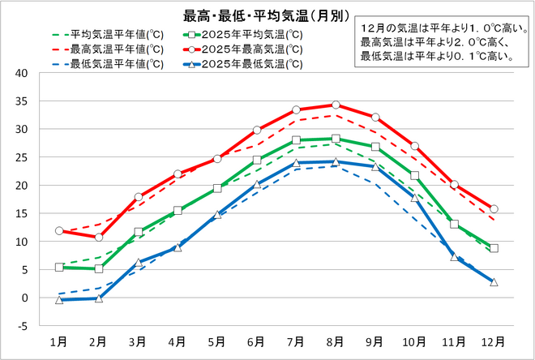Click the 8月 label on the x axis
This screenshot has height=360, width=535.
click(x=336, y=341)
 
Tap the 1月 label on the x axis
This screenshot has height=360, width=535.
click(x=59, y=341)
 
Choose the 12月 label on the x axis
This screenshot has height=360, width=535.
click(x=494, y=341)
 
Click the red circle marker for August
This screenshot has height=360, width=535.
click(x=336, y=105)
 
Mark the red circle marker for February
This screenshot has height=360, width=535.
click(x=99, y=237)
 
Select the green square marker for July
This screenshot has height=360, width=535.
click(x=296, y=140)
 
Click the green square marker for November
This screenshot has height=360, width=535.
click(x=454, y=224)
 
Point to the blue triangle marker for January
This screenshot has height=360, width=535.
click(x=59, y=299)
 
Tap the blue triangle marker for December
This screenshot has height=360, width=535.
click(x=494, y=281)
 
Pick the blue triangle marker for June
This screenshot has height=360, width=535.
click(x=257, y=184)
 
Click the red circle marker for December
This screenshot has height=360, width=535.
click(x=494, y=209)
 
